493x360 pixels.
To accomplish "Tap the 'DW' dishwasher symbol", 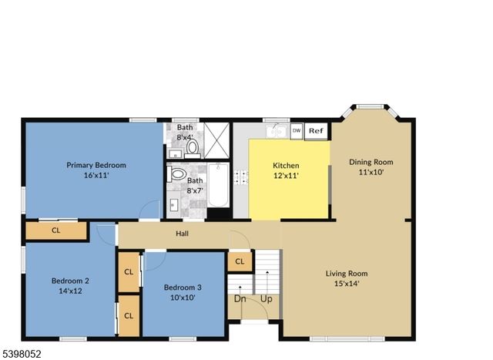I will coord(297,131).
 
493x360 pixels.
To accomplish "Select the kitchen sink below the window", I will coord(276,131).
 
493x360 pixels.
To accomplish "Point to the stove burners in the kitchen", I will coord(241,177).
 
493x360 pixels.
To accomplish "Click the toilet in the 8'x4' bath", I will coord(193,146).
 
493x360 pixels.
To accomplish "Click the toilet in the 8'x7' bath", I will coord(177,175).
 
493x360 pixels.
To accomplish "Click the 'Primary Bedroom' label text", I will coord(96,165).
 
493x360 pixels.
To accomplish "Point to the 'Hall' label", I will coord(182,234).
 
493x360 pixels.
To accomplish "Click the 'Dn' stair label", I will coord(240,298).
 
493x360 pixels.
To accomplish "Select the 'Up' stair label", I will coord(267,298).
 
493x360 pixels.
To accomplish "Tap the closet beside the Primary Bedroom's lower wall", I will coord(56,230).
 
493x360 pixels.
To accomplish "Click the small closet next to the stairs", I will coord(240,262).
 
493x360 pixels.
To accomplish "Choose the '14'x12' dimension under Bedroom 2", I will coord(70,291).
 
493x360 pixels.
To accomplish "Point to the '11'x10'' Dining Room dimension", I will coord(371,173).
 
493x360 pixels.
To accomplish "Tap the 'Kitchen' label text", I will coord(286,165).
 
